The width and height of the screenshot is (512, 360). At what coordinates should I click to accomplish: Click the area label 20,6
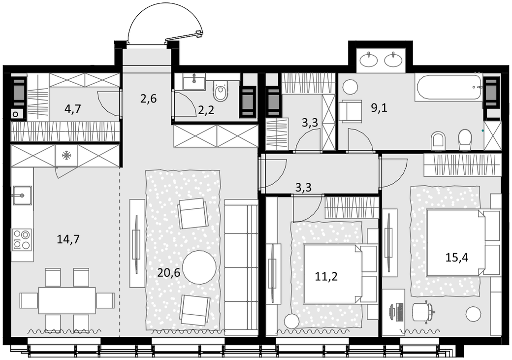(168, 272)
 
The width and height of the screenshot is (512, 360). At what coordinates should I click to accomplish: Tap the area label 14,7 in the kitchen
(68, 239)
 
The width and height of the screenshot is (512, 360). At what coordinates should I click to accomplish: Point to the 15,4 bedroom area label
(457, 258)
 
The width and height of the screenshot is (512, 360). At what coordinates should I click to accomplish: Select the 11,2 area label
(326, 276)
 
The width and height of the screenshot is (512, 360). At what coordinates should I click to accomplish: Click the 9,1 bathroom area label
(379, 107)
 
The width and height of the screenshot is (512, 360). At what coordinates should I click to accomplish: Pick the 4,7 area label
(72, 109)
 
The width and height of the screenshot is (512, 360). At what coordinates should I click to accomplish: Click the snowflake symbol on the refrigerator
(67, 156)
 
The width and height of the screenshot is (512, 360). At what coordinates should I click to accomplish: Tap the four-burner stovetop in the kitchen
(22, 240)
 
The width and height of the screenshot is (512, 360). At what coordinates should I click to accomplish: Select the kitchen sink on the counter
(22, 196)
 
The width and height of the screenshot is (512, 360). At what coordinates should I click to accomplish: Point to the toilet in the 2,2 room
(221, 91)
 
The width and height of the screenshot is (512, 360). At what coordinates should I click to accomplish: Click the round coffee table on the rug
(199, 267)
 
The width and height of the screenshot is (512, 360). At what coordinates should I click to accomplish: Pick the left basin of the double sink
(369, 60)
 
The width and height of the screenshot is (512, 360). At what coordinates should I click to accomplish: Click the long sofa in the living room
(241, 267)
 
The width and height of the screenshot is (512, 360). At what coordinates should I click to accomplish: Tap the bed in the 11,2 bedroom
(340, 274)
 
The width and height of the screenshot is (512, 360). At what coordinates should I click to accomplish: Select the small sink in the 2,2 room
(194, 81)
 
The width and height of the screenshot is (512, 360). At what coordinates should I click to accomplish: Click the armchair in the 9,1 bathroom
(351, 111)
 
